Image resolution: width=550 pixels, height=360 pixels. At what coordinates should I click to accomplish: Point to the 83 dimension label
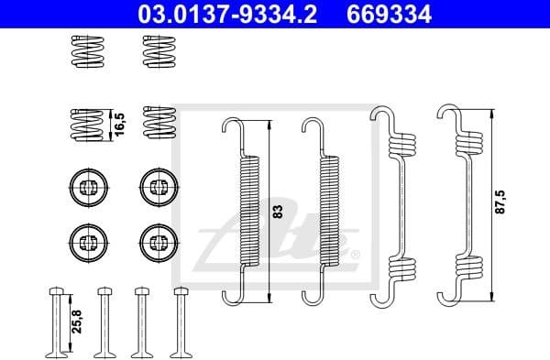pyautogui.click(x=278, y=212)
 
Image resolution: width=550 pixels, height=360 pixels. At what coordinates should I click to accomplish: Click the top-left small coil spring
pyautogui.click(x=88, y=52)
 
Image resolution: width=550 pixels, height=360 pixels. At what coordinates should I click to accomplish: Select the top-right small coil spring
pyautogui.click(x=159, y=52)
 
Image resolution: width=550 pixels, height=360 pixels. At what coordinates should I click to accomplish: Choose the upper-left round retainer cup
pyautogui.click(x=87, y=187)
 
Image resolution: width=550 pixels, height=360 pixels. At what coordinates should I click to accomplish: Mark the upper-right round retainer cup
pyautogui.click(x=157, y=187)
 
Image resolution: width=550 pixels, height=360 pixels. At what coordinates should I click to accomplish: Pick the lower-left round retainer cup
pyautogui.click(x=87, y=242)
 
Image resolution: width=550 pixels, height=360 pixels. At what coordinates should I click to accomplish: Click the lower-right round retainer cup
pyautogui.click(x=157, y=242)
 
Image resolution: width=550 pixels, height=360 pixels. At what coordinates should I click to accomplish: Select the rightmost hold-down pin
pyautogui.click(x=179, y=321)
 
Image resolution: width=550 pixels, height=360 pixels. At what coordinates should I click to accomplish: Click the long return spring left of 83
pyautogui.click(x=247, y=211)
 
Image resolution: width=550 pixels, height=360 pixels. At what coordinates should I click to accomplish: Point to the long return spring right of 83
pyautogui.click(x=325, y=211)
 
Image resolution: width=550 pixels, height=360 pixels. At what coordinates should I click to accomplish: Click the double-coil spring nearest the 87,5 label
pyautogui.click(x=464, y=206)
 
